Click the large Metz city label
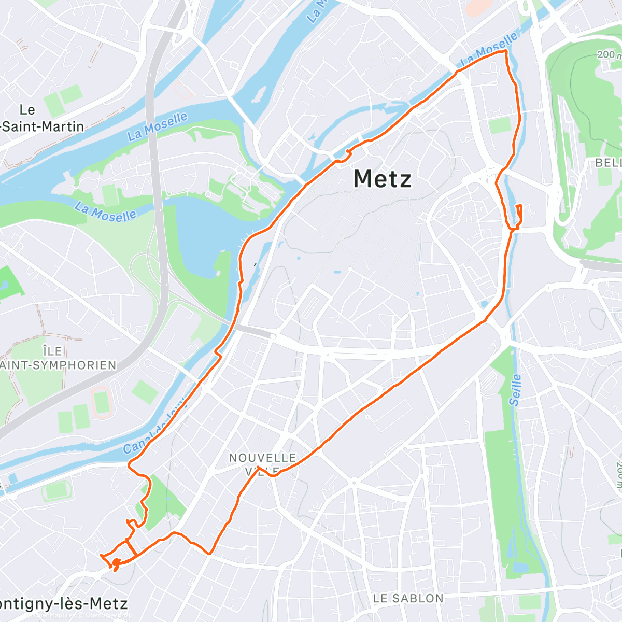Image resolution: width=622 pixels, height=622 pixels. tap(383, 179)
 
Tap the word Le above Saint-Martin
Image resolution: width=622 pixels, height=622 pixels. tap(27, 110)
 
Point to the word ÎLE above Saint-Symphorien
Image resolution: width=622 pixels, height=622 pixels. tap(53, 351)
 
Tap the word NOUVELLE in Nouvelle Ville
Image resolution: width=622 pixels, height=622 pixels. tap(262, 458)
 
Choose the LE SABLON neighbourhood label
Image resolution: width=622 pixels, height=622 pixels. tap(408, 599)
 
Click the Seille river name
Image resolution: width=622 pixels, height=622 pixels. tap(515, 390)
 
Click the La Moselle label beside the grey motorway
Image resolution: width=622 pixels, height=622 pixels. tap(158, 126)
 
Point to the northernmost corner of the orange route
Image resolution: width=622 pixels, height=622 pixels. tap(505, 51)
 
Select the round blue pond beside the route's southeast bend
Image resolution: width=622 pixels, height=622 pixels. tap(484, 304)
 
